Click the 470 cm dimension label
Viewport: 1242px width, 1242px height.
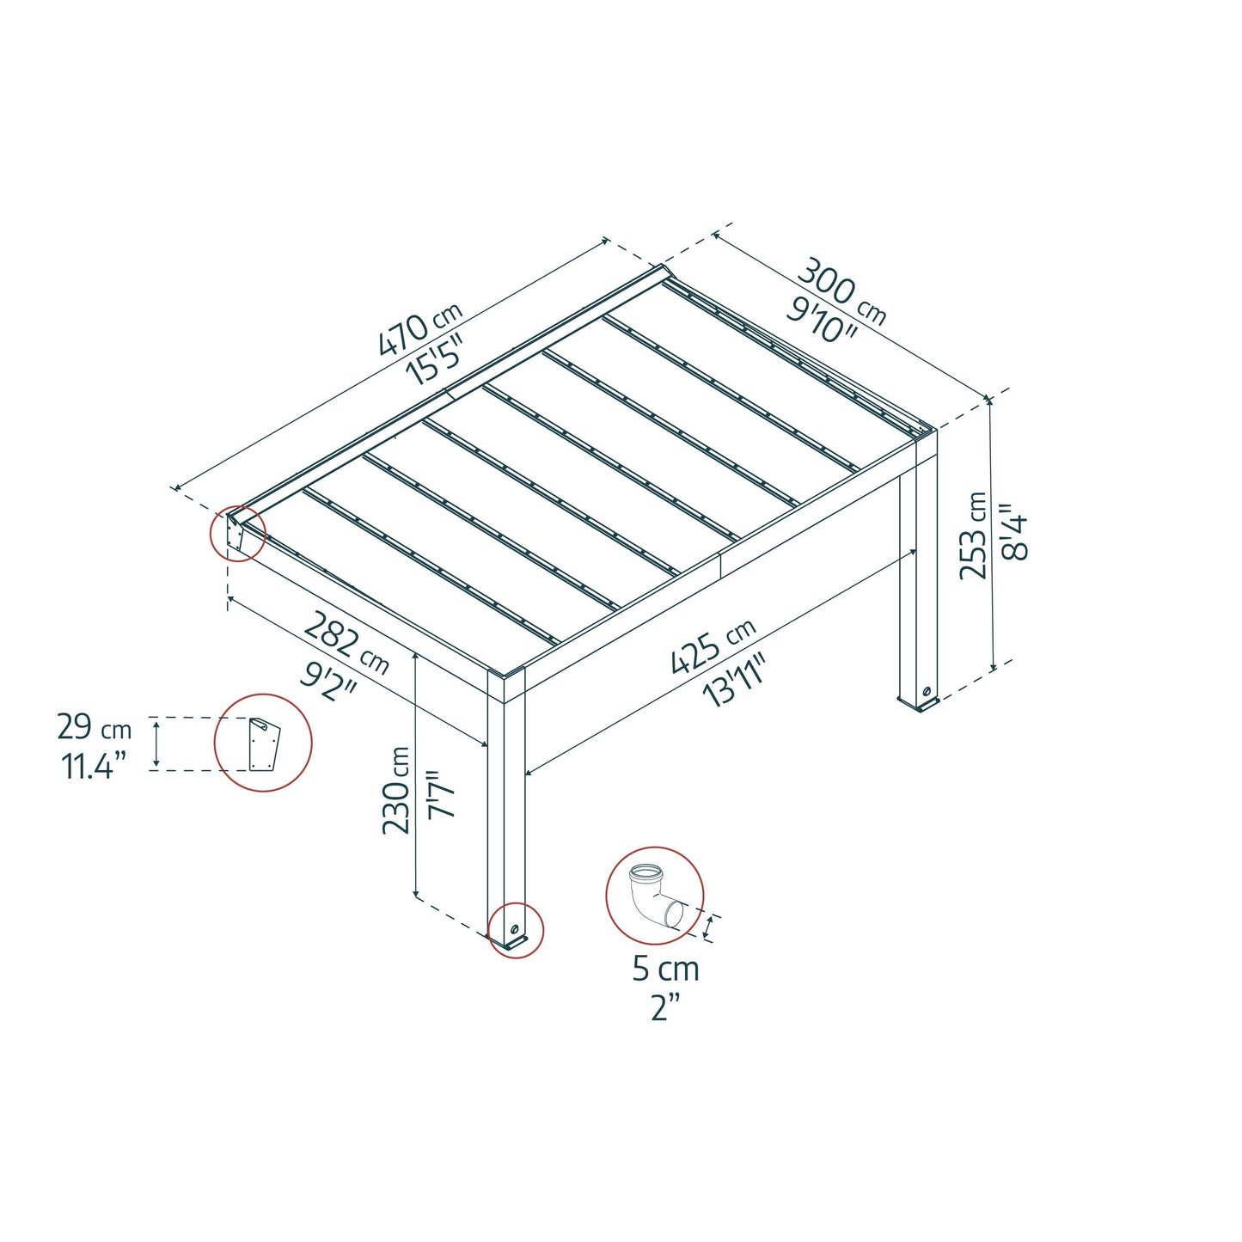click(420, 328)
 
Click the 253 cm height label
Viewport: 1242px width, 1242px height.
click(973, 535)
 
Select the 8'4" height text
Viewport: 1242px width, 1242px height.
click(1015, 532)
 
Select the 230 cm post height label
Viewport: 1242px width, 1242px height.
click(396, 790)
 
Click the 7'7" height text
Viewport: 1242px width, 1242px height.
click(442, 792)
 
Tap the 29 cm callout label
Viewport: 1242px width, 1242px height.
click(94, 727)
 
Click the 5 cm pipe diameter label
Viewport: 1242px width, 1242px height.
click(665, 969)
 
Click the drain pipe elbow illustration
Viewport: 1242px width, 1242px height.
click(652, 896)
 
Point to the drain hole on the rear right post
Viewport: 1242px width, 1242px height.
click(927, 692)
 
